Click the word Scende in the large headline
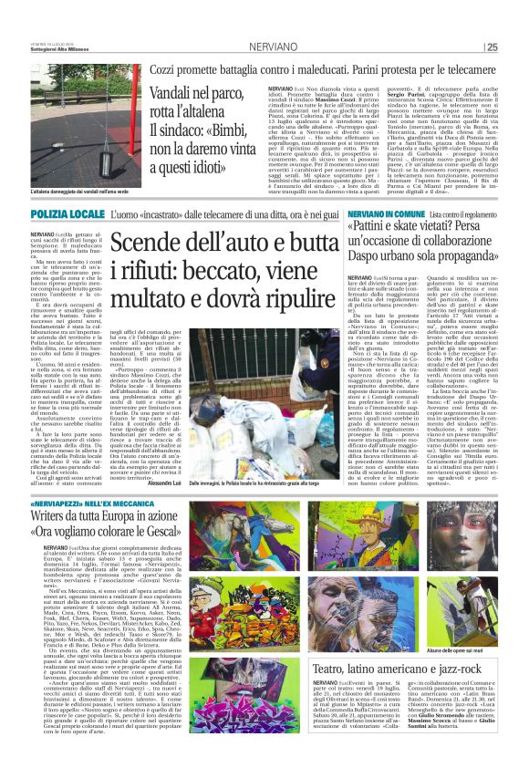click(179, 244)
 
